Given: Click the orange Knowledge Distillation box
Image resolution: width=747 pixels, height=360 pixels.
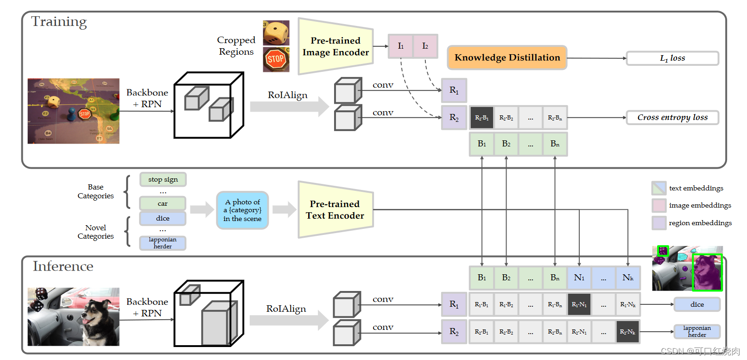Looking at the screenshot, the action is point(507,57).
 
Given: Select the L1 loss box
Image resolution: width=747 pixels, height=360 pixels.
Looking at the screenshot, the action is point(672,58).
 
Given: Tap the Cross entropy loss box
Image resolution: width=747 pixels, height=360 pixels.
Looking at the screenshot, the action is point(672,117).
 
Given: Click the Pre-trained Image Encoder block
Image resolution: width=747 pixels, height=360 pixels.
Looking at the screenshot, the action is point(336,46).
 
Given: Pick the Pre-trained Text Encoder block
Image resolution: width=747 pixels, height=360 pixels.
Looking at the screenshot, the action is point(336,210).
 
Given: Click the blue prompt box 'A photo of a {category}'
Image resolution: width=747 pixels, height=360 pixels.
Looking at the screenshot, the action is point(242,210).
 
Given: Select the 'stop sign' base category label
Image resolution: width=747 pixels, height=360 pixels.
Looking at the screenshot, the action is point(163,179).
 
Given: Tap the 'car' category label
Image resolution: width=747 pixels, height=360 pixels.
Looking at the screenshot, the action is point(163,203).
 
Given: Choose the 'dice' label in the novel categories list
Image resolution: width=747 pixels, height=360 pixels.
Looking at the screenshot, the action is point(163,218).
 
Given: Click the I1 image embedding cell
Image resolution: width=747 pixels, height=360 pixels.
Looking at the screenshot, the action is point(400,46).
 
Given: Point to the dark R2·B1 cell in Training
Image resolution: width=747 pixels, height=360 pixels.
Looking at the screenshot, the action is point(481,118).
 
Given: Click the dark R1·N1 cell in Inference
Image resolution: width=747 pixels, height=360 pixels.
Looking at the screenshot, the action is point(579,304).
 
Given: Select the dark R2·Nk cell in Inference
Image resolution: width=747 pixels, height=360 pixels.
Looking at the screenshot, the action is point(627,332).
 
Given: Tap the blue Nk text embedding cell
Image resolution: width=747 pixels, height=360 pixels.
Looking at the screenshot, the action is point(627,278).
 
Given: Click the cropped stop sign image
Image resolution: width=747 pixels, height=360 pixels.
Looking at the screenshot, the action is point(276,60).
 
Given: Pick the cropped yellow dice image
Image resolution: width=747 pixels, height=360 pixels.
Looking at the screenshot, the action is point(276,33).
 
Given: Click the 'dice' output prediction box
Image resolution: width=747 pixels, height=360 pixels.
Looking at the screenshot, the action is point(697,304).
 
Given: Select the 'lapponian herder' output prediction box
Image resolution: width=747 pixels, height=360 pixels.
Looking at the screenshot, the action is point(697,331).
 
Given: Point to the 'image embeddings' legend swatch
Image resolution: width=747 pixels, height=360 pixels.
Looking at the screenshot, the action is point(659,205).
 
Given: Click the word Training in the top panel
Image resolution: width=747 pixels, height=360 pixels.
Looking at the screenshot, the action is point(59,22).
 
